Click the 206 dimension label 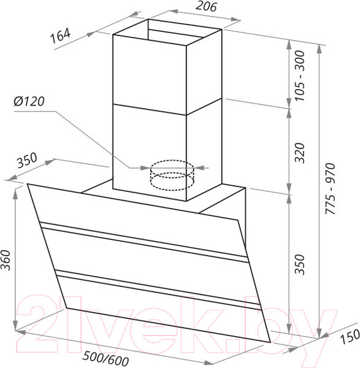(206, 6)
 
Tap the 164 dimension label (61, 36)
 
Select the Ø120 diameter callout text (29, 101)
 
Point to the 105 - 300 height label (300, 75)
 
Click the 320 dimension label (300, 153)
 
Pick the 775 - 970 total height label (331, 188)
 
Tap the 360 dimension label (6, 260)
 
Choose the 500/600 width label (106, 359)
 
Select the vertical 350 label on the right (300, 264)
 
